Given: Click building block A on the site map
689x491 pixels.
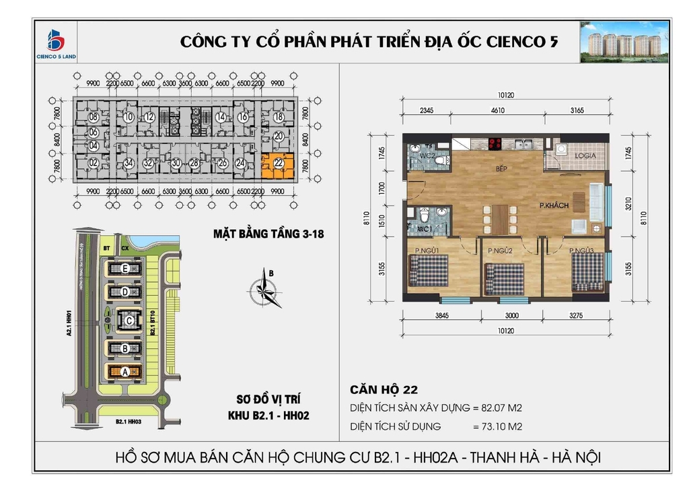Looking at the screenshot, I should point(124,371).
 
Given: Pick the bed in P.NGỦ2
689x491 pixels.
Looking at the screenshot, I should point(504,279).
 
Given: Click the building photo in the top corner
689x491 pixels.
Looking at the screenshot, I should point(624,41).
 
